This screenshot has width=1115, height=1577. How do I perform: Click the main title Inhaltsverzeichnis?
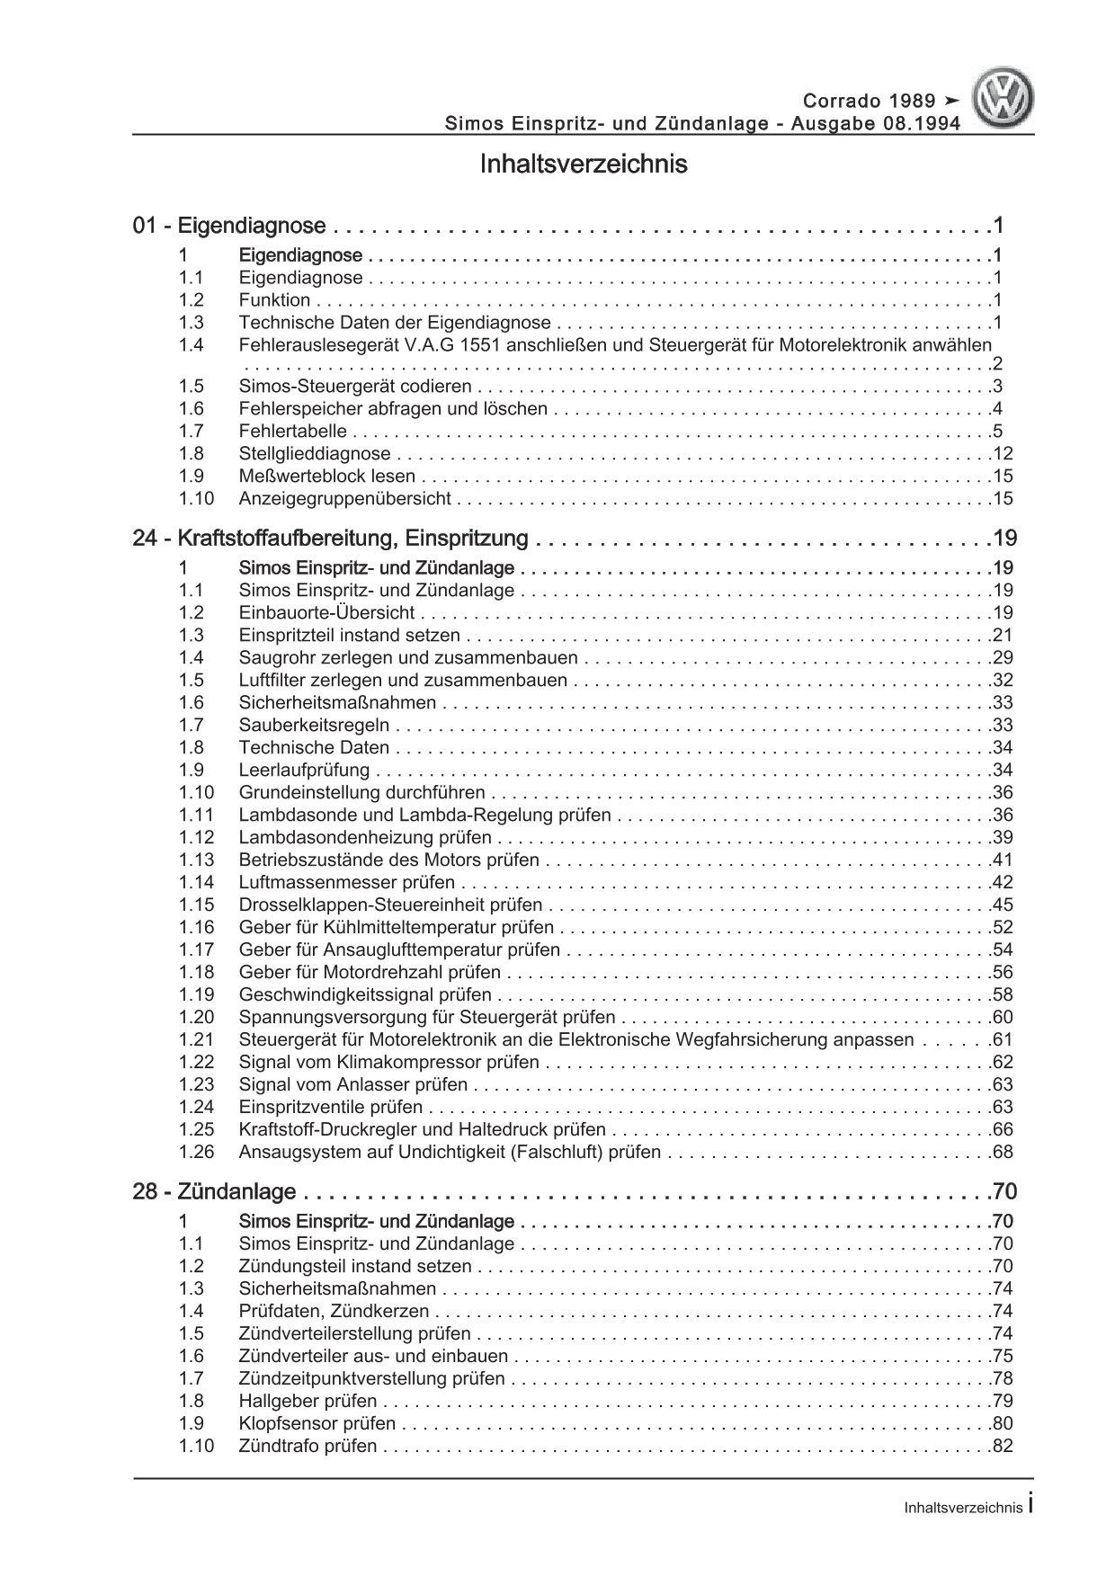tap(584, 165)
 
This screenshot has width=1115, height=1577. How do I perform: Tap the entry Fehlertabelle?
tap(292, 432)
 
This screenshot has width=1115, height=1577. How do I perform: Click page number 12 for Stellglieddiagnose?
tap(1003, 454)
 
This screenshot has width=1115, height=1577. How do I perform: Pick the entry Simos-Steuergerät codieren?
tap(355, 387)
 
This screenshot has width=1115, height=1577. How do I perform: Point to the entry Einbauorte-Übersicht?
tap(326, 613)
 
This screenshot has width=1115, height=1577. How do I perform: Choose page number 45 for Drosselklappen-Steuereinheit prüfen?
tap(1003, 905)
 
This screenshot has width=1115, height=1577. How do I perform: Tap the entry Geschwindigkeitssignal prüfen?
tap(365, 995)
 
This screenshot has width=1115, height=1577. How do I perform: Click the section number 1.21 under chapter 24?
tap(196, 1040)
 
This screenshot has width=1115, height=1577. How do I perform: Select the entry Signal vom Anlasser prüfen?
tap(353, 1085)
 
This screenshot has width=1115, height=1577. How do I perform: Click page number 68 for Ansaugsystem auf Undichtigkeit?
tap(1003, 1153)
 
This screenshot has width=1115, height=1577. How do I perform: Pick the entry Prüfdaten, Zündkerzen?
tap(334, 1312)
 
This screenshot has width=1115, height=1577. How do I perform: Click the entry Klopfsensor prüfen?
tap(317, 1424)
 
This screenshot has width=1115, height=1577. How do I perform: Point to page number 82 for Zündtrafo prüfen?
tap(1003, 1447)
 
